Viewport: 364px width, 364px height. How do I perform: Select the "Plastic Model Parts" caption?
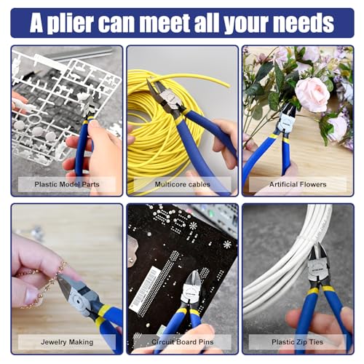(67, 184)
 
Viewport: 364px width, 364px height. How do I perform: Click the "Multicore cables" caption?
(183, 184)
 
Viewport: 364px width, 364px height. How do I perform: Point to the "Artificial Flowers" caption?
(298, 184)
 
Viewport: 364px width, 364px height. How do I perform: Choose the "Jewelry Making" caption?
(67, 342)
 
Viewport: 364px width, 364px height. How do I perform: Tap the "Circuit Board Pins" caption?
(183, 342)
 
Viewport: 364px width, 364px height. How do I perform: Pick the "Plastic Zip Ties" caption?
(298, 342)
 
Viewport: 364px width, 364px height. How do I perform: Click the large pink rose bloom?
(312, 94)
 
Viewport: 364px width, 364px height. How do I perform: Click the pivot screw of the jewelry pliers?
(78, 301)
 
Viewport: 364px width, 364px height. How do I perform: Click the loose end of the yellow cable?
(228, 86)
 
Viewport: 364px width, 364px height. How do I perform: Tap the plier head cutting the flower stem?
(288, 119)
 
